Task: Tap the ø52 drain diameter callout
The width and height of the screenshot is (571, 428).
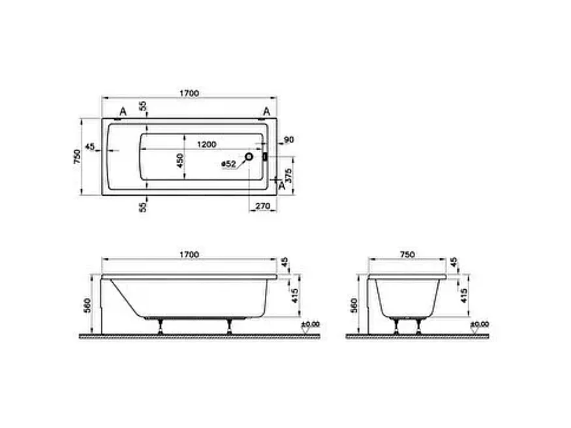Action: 228,164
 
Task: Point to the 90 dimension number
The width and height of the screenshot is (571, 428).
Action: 289,140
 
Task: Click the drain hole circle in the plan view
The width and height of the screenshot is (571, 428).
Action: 249,158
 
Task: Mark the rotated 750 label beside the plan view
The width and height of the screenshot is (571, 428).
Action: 76,157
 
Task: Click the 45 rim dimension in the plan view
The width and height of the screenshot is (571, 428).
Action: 90,145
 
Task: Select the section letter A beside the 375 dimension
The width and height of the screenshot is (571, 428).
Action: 282,185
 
